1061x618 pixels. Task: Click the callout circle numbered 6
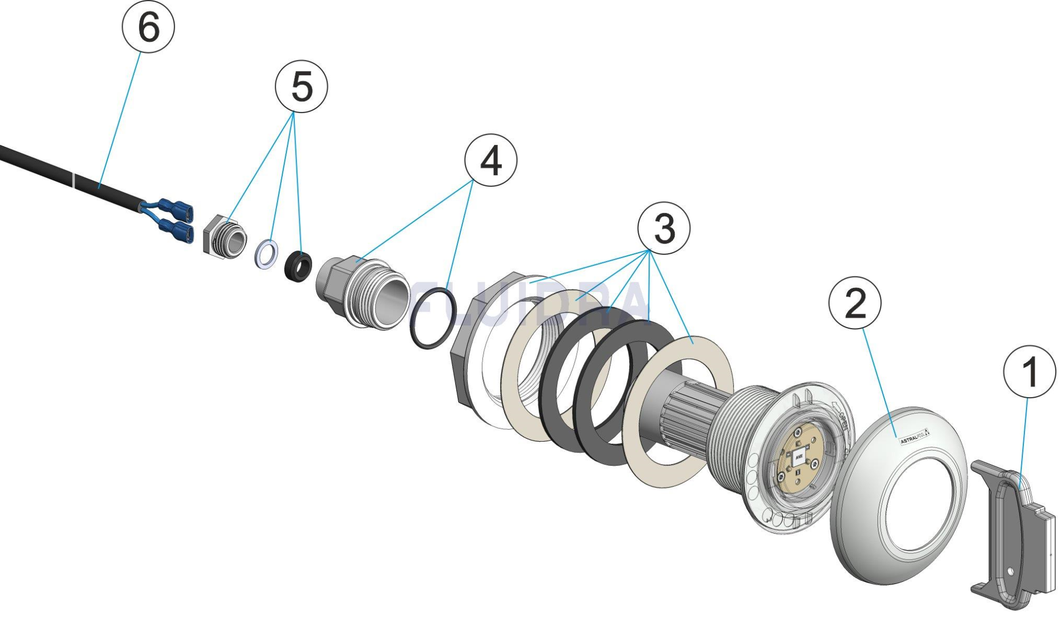(x=148, y=27)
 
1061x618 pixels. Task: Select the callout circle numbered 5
(x=301, y=87)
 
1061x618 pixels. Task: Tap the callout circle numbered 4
(x=491, y=160)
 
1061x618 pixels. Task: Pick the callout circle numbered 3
(x=664, y=228)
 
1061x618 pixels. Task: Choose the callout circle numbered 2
(x=855, y=303)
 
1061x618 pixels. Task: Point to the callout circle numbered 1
(x=1029, y=371)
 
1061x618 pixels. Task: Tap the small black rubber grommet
(x=298, y=267)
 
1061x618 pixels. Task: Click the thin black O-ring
(x=433, y=317)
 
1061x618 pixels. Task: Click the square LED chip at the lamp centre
(x=798, y=456)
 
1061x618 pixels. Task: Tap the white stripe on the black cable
(x=74, y=179)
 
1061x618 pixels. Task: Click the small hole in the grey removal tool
(x=1010, y=572)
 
